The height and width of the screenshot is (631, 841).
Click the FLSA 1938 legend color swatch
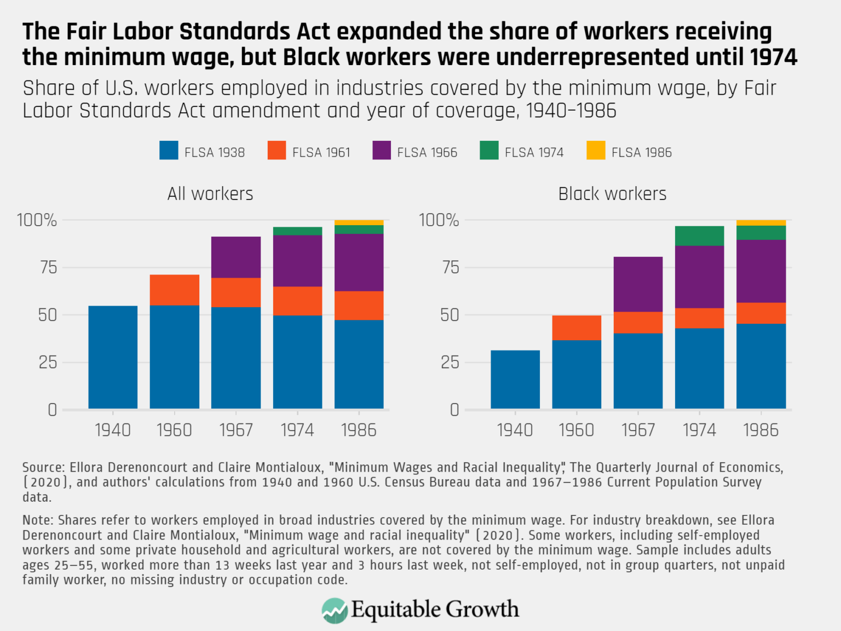[x=169, y=151]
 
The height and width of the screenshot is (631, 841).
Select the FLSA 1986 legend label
[x=641, y=152]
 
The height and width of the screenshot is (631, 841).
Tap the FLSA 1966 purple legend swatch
[x=382, y=151]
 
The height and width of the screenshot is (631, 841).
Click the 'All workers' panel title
[x=210, y=194]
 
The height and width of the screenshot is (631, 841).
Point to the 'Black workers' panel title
[x=612, y=194]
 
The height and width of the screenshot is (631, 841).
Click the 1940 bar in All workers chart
[x=113, y=357]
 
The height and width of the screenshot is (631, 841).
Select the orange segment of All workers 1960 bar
[x=175, y=290]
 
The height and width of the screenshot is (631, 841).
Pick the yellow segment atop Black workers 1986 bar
[x=761, y=223]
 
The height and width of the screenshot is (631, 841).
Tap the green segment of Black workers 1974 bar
[x=699, y=236]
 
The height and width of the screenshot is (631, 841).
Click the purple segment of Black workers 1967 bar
[x=638, y=284]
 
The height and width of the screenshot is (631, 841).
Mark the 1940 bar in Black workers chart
[x=515, y=380]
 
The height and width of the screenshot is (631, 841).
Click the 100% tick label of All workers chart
[x=37, y=220]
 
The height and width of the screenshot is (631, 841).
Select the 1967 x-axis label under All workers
[x=236, y=430]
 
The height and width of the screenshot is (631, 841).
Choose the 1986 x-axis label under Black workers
[x=761, y=430]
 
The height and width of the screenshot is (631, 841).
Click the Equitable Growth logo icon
[x=335, y=610]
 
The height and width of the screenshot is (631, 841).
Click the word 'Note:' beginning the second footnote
[x=38, y=520]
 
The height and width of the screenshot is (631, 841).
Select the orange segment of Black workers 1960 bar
[x=577, y=328]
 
